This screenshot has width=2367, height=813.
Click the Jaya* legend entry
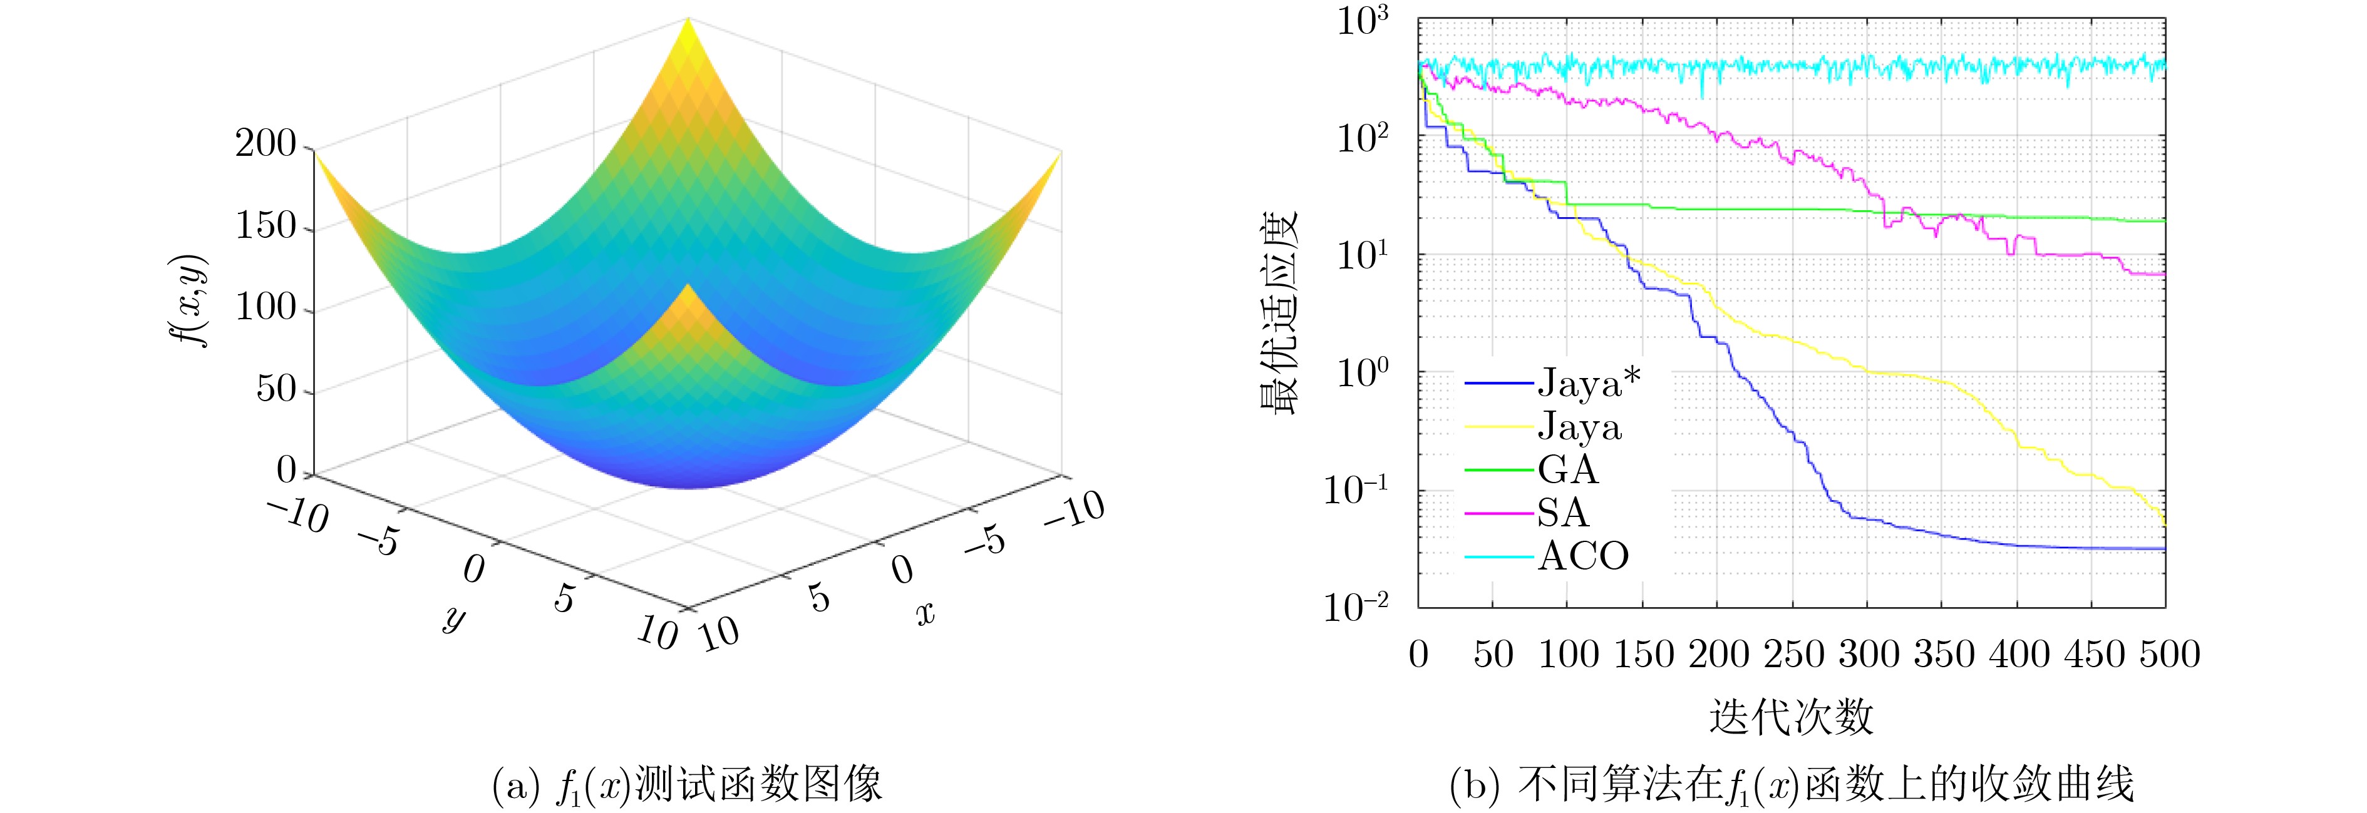point(1589,383)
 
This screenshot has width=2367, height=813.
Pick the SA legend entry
point(1562,513)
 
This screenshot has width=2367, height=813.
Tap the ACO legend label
point(1583,556)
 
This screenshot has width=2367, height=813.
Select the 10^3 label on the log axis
point(1363,20)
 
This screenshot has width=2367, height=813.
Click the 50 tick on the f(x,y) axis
point(277,389)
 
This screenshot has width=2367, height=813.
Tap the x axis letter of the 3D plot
point(926,613)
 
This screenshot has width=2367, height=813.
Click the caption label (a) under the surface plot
point(515,786)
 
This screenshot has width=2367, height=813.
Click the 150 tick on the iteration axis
point(1643,654)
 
